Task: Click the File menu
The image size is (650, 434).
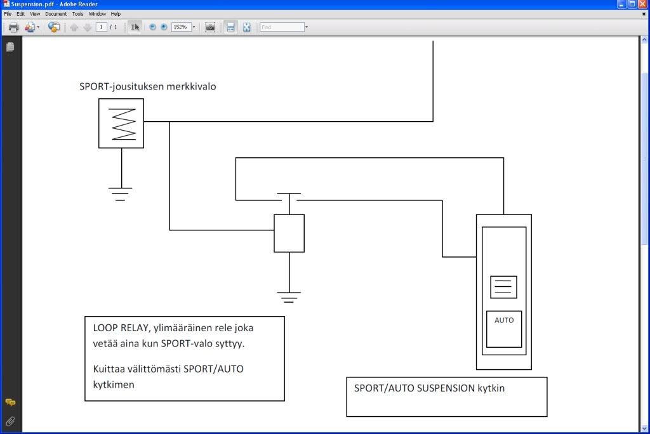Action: (8, 13)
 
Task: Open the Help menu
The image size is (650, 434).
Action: (116, 13)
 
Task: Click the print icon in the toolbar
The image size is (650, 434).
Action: (13, 27)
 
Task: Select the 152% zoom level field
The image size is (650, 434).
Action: (181, 27)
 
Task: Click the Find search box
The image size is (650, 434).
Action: (282, 27)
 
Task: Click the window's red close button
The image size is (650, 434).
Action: (643, 4)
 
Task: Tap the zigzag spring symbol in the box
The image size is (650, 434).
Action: (123, 124)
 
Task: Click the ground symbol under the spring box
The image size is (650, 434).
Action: (121, 193)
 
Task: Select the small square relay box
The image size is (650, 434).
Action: (289, 233)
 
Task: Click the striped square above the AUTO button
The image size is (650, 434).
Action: (503, 287)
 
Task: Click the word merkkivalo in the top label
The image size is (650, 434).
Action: (191, 86)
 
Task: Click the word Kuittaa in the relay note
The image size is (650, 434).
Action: (109, 369)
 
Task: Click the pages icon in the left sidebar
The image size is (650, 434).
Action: (10, 47)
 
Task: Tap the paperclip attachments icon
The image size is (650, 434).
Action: (10, 421)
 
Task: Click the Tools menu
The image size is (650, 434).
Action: (77, 13)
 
